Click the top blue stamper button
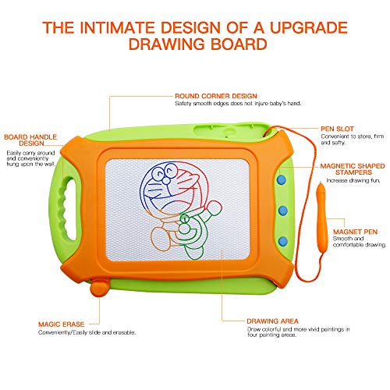coord(282,179)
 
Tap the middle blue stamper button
coord(282,211)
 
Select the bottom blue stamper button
coord(283,241)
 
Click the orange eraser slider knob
coord(100,288)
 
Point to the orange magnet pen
coord(322,218)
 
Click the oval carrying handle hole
coord(69,208)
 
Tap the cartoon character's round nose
coord(166,180)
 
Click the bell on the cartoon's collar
coord(185,219)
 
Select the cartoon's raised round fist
coord(214,207)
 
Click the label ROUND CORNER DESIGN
coord(216,96)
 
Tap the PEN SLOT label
coord(337,129)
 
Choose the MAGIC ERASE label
coord(62,324)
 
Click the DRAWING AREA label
coord(272,321)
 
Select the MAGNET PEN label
coord(355,232)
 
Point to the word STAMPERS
coord(353,172)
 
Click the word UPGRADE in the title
coord(309,27)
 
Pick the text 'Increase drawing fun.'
coord(353,180)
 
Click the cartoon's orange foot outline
coord(161,239)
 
